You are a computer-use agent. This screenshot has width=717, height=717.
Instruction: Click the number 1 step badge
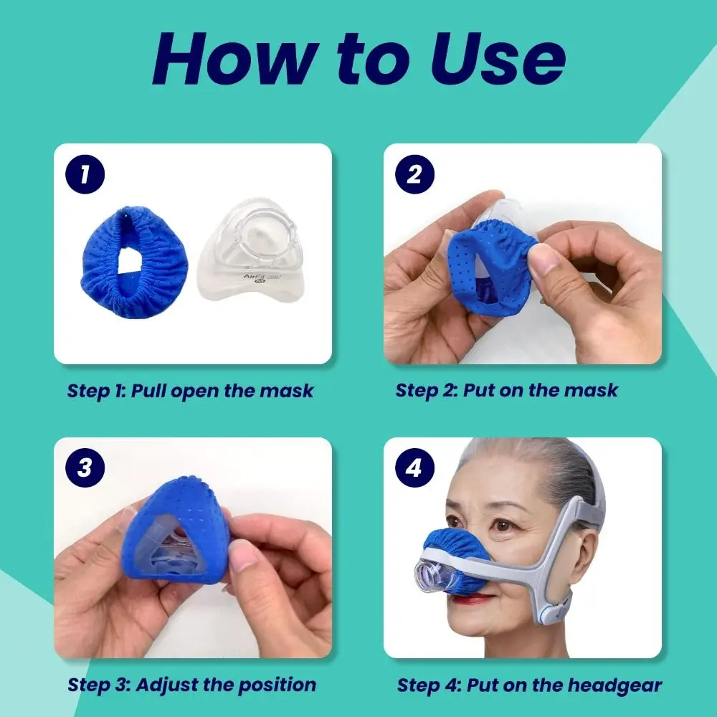click(86, 174)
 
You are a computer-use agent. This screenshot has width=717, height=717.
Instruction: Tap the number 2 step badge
click(414, 174)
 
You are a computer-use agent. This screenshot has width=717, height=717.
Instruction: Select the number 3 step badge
click(86, 468)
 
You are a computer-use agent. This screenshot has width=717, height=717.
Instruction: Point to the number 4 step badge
click(414, 468)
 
